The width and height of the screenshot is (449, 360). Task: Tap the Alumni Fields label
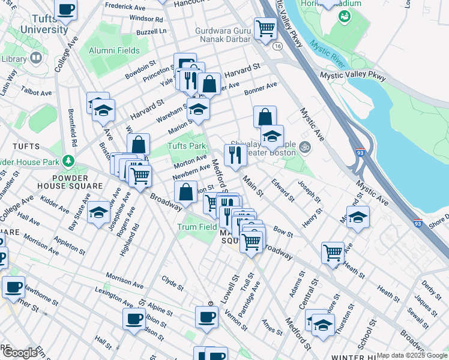coord(114,51)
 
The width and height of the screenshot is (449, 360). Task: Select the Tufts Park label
coord(186,146)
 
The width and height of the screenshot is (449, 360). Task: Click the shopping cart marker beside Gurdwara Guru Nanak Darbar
coord(265,28)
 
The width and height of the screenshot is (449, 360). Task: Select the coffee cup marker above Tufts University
coord(66,9)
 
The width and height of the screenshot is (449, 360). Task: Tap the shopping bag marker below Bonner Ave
coord(265,116)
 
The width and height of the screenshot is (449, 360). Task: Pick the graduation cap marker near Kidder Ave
coord(99,212)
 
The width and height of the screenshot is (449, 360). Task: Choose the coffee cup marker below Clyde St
coord(206,316)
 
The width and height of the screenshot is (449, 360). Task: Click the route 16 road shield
coord(277,46)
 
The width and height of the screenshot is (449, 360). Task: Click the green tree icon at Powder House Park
coord(69,161)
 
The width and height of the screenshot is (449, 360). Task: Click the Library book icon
coord(36,58)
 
